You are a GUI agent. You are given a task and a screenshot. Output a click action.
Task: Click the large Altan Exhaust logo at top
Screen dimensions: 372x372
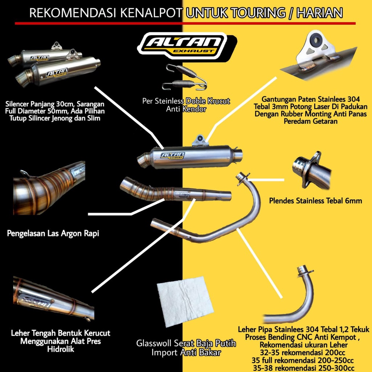[x=187, y=46]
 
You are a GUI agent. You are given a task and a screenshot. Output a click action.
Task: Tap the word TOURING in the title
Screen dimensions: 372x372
[x=258, y=13]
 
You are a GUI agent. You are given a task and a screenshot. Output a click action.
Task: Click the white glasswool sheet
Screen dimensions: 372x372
[x=185, y=302]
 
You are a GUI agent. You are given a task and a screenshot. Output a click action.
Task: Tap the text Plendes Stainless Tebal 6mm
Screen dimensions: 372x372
[x=315, y=201]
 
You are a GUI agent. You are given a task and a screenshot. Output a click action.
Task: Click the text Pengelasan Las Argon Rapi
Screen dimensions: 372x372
[x=53, y=234]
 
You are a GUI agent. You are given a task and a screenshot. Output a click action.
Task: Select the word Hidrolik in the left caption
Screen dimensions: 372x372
[x=61, y=349]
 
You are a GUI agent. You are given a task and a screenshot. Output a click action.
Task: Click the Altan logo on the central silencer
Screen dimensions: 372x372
[x=173, y=155]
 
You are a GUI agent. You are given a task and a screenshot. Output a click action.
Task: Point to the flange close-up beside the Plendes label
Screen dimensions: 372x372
[x=311, y=170]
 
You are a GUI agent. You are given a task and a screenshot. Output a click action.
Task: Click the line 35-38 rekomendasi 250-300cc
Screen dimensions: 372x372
[x=304, y=368]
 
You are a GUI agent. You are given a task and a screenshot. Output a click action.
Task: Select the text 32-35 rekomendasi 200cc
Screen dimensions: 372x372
[x=303, y=352]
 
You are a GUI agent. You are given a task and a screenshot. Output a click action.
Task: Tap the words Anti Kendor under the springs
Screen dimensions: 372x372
[x=186, y=109]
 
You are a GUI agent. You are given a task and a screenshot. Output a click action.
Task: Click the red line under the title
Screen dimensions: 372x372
[x=185, y=23]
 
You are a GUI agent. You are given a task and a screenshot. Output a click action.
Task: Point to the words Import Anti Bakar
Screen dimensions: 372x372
[x=186, y=352]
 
